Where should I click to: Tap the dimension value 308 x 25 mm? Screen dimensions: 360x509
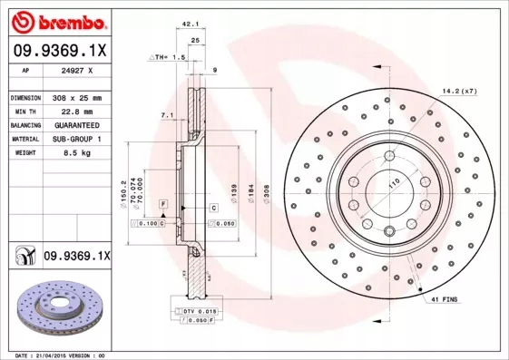(x=77, y=96)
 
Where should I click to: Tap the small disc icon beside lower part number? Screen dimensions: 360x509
(x=23, y=258)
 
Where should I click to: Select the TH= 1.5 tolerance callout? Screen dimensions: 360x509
(x=168, y=56)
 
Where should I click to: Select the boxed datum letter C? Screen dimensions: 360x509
(x=213, y=208)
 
